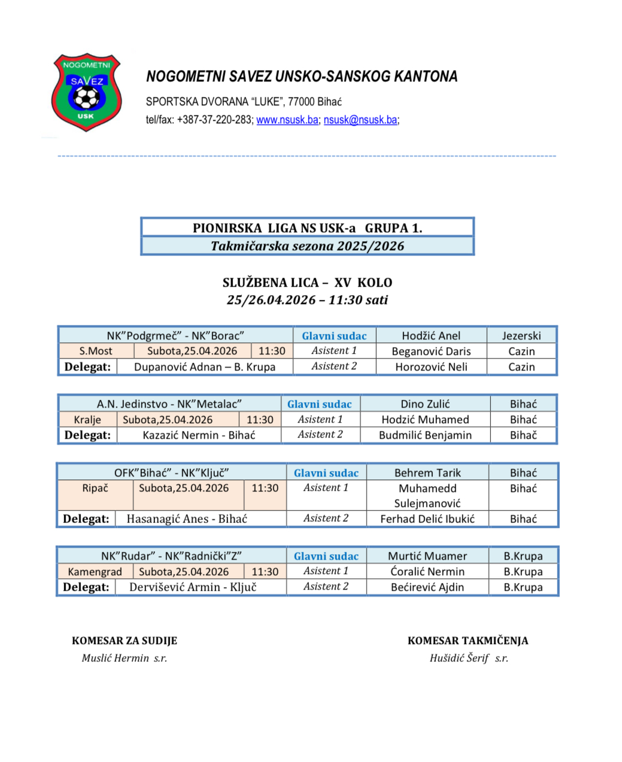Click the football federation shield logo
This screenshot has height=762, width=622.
click(87, 92)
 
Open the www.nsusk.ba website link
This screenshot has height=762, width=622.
click(287, 120)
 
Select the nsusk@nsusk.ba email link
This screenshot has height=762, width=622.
click(360, 120)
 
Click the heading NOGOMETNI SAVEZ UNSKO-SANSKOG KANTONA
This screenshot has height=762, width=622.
click(302, 77)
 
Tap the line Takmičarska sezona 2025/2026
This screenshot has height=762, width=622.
click(307, 246)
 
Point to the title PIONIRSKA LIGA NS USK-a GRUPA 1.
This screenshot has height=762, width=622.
click(307, 228)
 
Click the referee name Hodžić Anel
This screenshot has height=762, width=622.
click(431, 336)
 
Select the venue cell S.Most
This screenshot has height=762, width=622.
click(96, 351)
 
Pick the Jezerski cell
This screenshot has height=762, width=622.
click(521, 336)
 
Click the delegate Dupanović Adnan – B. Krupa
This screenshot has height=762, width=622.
click(205, 367)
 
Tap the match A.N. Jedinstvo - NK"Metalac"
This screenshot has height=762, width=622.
click(169, 404)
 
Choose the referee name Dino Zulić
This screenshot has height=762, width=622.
click(425, 404)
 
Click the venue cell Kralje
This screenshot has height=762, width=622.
click(87, 420)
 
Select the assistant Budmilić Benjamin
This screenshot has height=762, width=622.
click(425, 435)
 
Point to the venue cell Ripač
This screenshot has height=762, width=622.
click(95, 488)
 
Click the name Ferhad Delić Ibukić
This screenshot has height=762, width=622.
click(427, 519)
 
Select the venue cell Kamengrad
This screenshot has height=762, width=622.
click(95, 572)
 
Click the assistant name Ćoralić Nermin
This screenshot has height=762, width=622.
click(427, 572)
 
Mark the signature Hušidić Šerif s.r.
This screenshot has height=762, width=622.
click(469, 658)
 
